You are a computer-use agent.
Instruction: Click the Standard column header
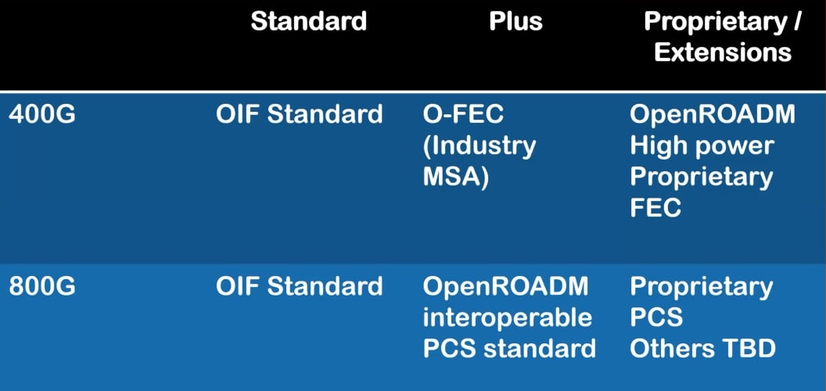[x=308, y=21]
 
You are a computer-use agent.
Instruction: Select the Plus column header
[x=515, y=21]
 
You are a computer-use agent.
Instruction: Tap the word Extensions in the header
[x=722, y=52]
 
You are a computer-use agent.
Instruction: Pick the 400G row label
[x=42, y=114]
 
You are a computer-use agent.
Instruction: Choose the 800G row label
[x=42, y=286]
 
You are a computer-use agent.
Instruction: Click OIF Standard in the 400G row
[x=300, y=114]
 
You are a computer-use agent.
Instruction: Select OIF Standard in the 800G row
[x=300, y=286]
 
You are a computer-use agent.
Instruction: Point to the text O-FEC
[x=463, y=114]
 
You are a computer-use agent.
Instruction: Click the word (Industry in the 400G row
[x=479, y=145]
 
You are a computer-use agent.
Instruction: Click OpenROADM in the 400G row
[x=713, y=114]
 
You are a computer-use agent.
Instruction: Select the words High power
[x=702, y=145]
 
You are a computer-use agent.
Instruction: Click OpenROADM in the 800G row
[x=505, y=286]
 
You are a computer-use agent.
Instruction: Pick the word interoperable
[x=507, y=317]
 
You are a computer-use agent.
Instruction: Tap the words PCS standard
[x=509, y=349]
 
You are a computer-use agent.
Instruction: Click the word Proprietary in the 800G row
[x=701, y=286]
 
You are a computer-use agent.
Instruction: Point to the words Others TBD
[x=702, y=349]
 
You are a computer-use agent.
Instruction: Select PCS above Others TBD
[x=655, y=317]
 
